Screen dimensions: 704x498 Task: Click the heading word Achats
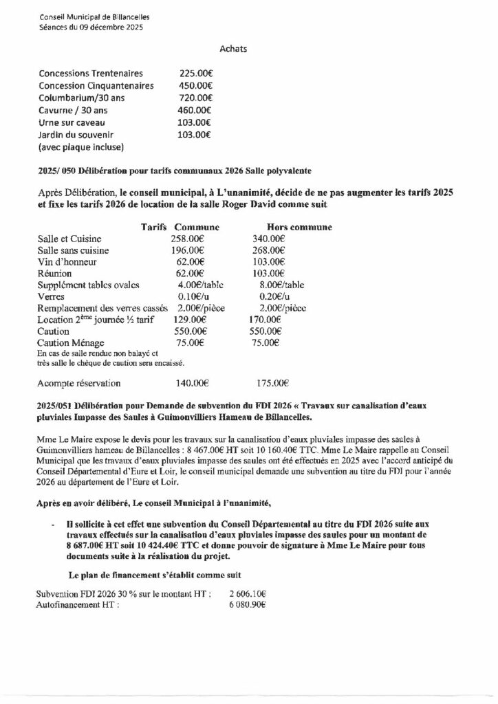point(233,49)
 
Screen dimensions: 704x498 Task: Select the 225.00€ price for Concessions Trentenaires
point(194,73)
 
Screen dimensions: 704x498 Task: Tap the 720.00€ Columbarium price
point(194,98)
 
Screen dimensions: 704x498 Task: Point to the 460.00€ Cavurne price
point(194,110)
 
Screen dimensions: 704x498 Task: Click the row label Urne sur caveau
point(72,122)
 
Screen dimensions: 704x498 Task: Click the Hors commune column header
point(299,227)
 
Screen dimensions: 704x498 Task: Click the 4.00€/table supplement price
point(195,285)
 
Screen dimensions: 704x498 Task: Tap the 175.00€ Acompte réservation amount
point(272,383)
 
